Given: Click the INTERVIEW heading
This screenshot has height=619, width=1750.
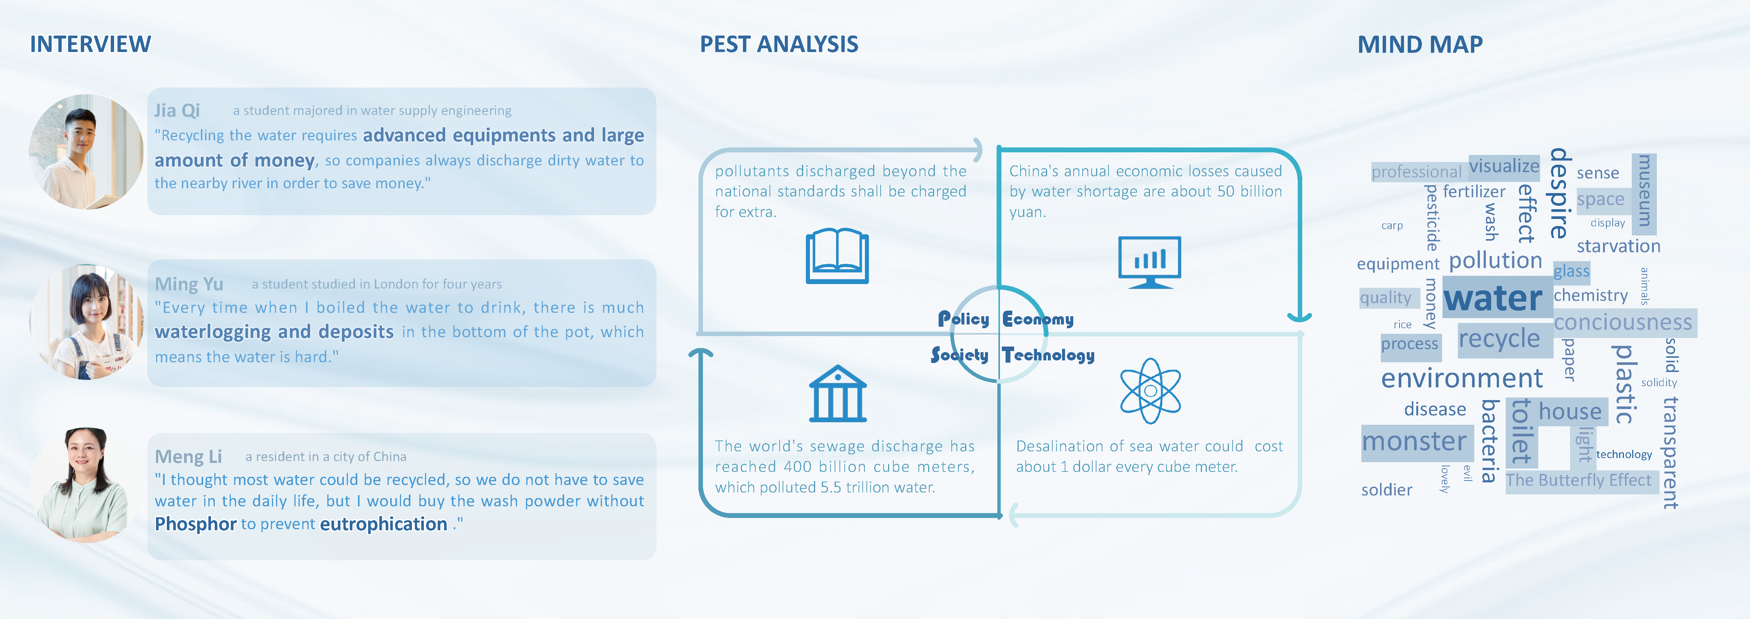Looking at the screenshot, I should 91,44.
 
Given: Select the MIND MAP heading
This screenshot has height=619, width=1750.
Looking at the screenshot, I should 1420,44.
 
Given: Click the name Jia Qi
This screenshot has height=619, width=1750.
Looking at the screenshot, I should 177,110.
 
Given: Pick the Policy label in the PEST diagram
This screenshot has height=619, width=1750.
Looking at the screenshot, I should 963,319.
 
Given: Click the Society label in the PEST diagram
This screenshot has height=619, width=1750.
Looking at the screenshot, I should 959,355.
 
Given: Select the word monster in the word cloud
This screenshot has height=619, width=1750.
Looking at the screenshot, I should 1414,442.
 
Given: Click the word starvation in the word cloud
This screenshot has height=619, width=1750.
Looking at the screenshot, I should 1618,246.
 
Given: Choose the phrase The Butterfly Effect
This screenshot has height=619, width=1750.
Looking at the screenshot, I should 1578,481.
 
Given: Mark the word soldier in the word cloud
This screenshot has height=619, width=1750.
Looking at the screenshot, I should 1386,490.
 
